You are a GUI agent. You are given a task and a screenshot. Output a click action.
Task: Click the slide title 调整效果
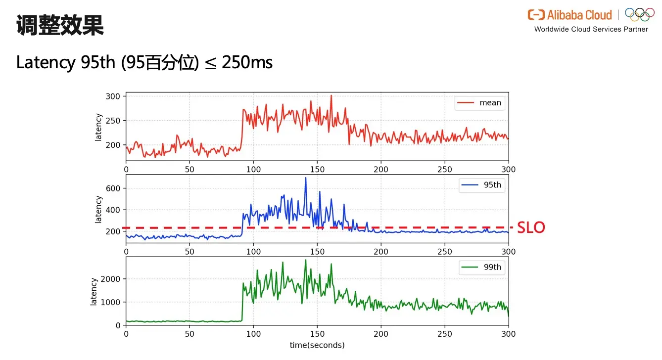pos(60,25)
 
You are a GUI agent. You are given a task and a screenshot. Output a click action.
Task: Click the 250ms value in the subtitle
pos(247,63)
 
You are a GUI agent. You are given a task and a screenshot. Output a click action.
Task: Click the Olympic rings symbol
pos(639,14)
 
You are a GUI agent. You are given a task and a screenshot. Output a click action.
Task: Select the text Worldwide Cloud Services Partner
pos(591,29)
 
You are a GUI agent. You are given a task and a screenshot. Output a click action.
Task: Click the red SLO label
pos(531,227)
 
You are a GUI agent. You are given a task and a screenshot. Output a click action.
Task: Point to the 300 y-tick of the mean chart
pos(113,96)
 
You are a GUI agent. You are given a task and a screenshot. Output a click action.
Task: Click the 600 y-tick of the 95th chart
pos(113,188)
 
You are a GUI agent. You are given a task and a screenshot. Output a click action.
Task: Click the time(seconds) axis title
pos(317,345)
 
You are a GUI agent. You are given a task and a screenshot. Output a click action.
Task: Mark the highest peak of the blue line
pos(305,178)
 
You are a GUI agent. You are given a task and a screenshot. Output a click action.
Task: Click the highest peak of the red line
pos(331,95)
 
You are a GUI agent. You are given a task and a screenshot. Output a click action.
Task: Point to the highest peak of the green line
pos(305,260)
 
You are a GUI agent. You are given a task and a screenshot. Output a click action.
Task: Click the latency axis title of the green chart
pos(94,291)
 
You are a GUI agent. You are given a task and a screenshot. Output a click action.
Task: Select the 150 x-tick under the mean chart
pos(317,169)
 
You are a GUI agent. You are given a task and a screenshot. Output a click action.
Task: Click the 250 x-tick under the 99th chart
pos(444,334)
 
